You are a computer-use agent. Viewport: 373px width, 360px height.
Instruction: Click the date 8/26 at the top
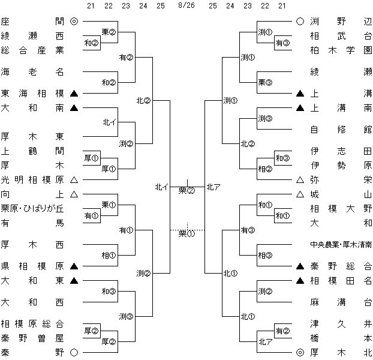click(186, 6)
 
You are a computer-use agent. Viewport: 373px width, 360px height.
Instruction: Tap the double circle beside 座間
click(74, 21)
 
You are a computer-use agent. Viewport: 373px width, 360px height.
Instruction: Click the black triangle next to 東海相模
click(74, 94)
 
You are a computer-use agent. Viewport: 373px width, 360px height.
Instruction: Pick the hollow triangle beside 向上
click(74, 194)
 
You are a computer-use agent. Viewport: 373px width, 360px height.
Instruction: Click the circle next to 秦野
click(74, 353)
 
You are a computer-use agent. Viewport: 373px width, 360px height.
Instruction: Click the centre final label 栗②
click(187, 191)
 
